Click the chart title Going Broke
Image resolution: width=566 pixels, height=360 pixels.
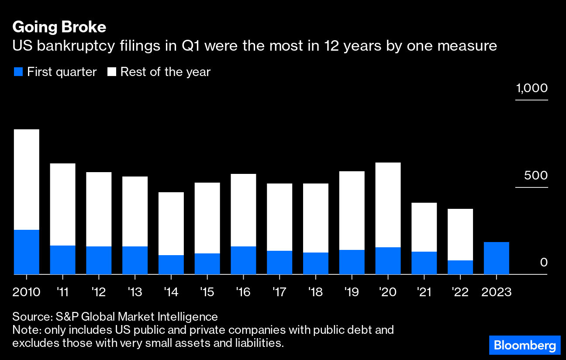[x=59, y=28]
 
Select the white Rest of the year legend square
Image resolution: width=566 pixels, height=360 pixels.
[x=112, y=72]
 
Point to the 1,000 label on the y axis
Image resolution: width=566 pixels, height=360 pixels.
[x=531, y=89]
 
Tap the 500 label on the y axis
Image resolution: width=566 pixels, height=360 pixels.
[x=536, y=176]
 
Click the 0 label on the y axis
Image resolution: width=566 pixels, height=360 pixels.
[x=543, y=263]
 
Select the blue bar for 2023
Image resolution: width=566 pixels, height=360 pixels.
[x=497, y=258]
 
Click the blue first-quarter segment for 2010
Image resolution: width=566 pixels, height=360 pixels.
[x=27, y=252]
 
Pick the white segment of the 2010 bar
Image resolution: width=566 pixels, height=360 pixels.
[x=27, y=180]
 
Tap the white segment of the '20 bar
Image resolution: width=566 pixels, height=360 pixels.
[x=388, y=205]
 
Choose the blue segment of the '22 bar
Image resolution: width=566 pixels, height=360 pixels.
[x=460, y=267]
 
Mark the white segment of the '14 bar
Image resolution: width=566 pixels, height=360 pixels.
[x=171, y=224]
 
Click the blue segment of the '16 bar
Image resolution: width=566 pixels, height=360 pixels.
[x=243, y=260]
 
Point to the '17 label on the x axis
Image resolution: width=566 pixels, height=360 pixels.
[x=279, y=292]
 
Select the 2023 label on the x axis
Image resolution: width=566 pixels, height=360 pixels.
[x=496, y=292]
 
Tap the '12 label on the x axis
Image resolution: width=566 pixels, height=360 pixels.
[x=99, y=292]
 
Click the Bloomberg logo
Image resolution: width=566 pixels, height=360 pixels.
[x=525, y=346]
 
